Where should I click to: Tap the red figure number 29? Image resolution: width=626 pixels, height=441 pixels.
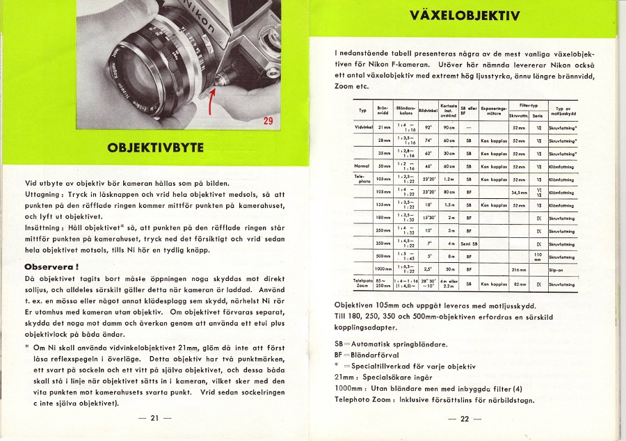(x=268, y=122)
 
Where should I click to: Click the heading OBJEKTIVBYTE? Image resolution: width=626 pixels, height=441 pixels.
(x=155, y=147)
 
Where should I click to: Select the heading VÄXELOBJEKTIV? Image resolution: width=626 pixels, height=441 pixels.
(x=465, y=15)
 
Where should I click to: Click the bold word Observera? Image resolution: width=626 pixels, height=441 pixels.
(x=51, y=266)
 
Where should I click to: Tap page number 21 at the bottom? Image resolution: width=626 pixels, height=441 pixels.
(x=155, y=418)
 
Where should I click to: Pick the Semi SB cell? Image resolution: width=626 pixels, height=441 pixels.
(x=469, y=243)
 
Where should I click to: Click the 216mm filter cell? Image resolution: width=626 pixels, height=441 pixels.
(x=518, y=269)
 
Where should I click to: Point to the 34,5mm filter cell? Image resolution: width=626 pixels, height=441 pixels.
(x=518, y=191)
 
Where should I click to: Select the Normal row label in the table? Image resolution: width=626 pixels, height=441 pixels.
(x=362, y=166)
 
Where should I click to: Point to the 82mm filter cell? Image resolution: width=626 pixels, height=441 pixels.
(x=518, y=284)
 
